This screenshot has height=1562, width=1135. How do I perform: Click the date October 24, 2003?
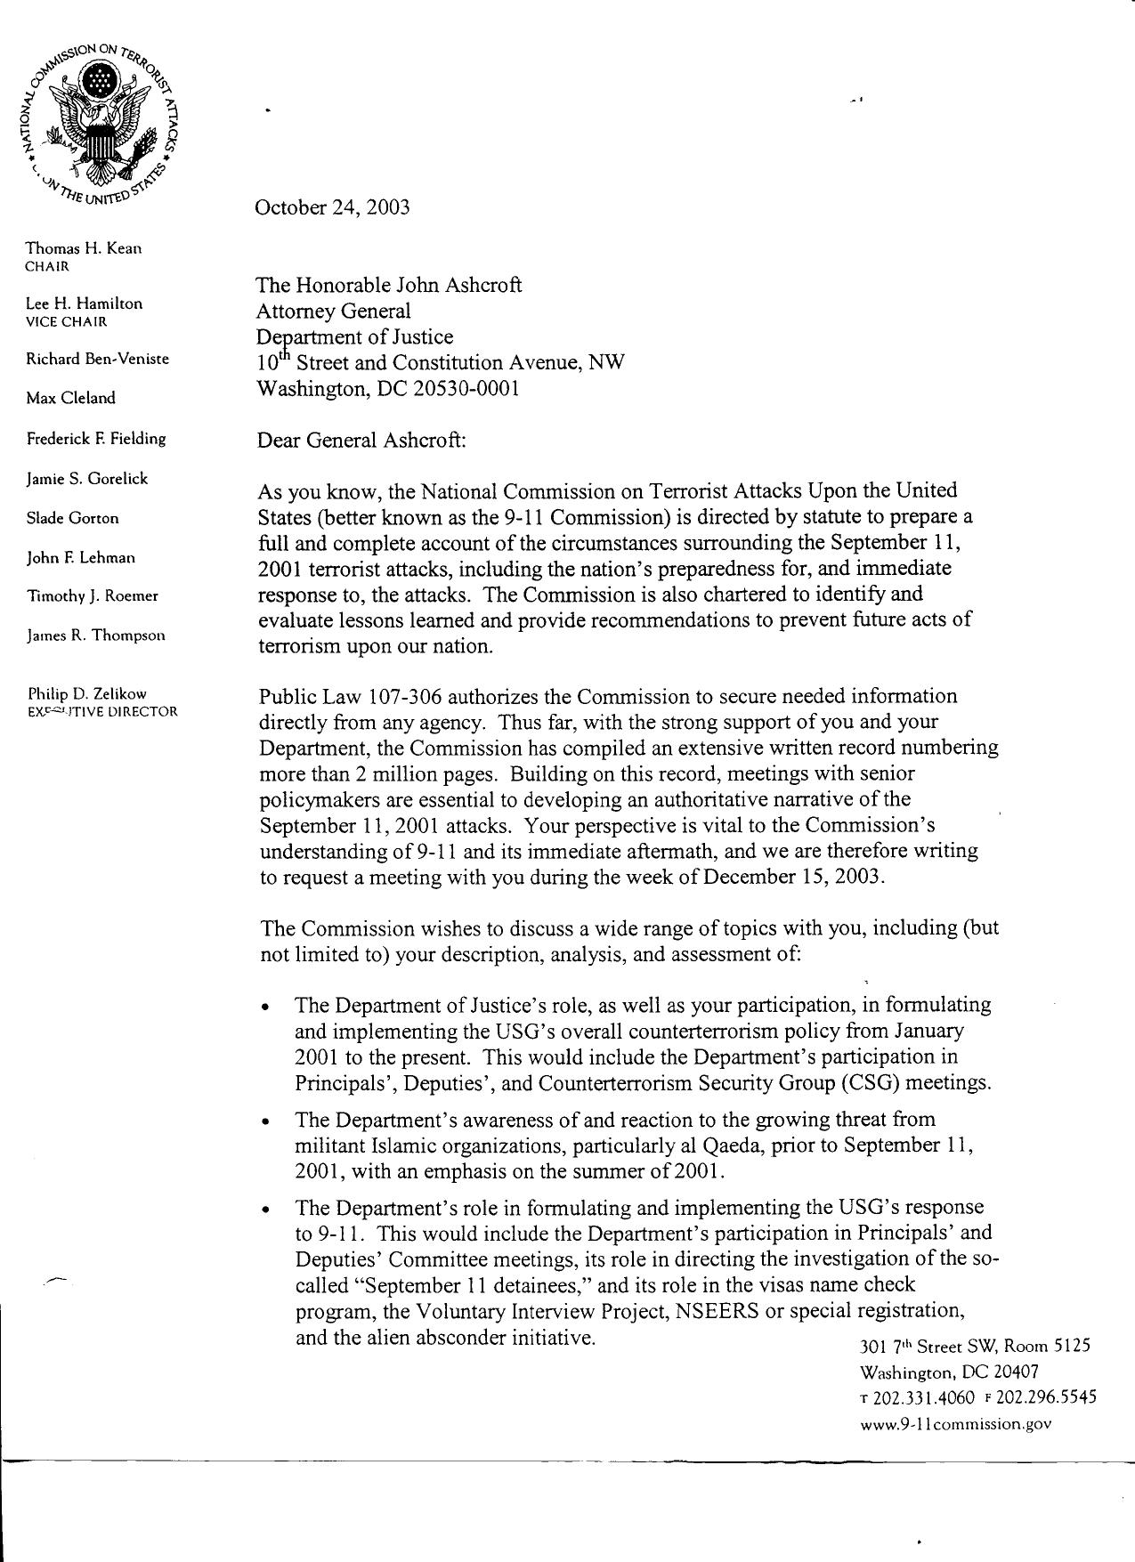[x=332, y=208]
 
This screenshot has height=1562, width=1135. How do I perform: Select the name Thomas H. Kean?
[x=84, y=248]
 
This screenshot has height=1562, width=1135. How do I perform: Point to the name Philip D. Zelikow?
[x=87, y=693]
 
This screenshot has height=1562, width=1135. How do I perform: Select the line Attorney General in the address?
[x=334, y=312]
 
